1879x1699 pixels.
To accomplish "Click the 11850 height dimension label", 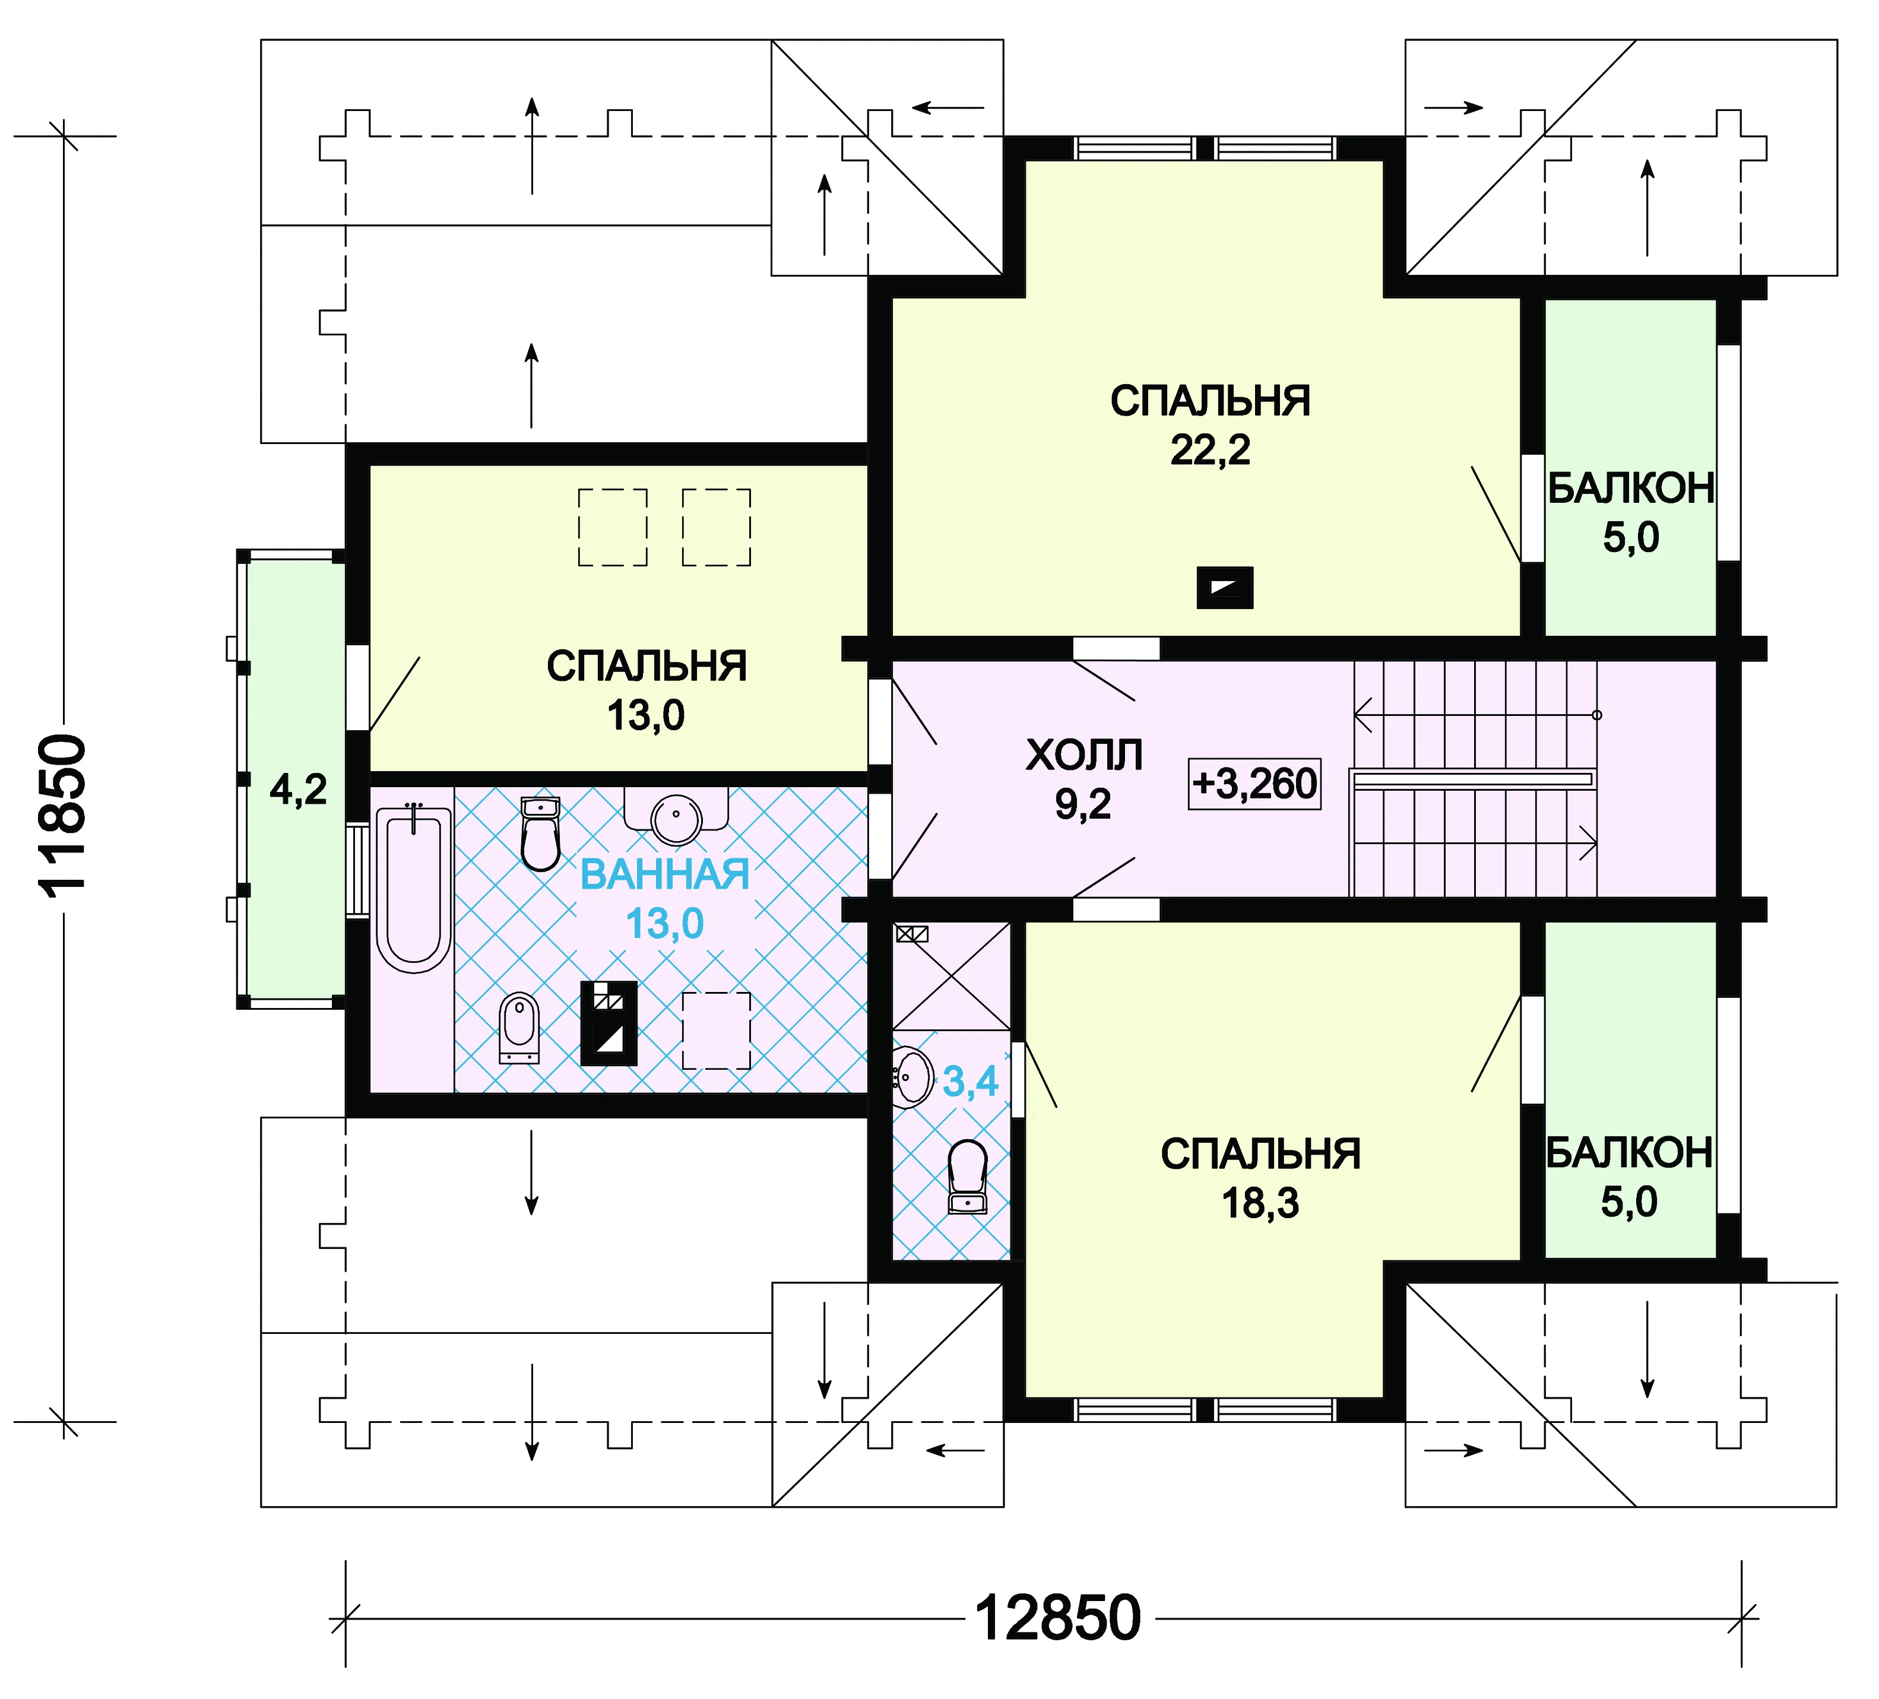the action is tap(64, 816).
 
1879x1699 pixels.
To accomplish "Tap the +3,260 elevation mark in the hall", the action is tap(1254, 784).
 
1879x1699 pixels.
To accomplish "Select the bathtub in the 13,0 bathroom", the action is tap(414, 890).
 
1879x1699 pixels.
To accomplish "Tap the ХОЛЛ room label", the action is tap(1084, 755).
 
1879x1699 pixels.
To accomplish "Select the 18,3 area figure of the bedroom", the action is tap(1260, 1204).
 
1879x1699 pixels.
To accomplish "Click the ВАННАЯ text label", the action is tap(664, 874).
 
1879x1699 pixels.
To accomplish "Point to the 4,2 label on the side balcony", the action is tap(298, 790).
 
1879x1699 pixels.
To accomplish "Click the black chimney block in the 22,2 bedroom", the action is tap(1225, 588).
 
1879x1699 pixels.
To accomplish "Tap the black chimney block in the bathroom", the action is tap(609, 1023).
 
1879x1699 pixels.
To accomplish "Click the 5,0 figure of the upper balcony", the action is tap(1631, 538).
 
